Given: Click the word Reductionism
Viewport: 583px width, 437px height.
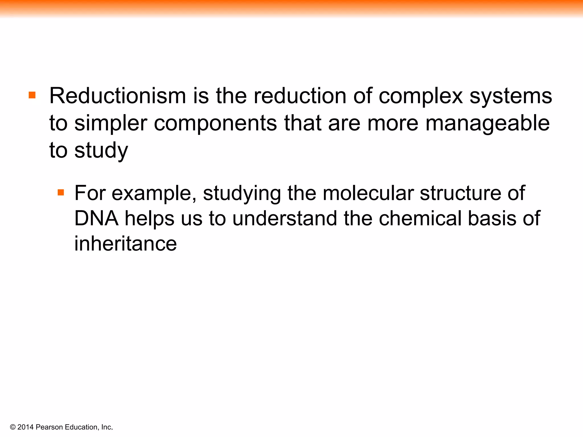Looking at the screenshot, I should point(118,96).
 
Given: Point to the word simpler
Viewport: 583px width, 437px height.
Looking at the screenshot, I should point(111,124).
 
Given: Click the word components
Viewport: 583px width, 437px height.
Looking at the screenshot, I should point(215,124).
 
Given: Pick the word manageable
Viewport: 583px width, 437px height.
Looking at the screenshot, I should point(487,124).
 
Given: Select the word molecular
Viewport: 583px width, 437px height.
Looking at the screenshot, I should point(368,193).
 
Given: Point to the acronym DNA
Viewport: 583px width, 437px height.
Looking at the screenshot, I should point(97,218).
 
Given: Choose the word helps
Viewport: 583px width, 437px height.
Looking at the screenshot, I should point(149,218).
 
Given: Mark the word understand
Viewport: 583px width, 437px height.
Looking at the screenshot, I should point(285,218).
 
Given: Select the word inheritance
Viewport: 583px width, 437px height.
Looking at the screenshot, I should point(126,244).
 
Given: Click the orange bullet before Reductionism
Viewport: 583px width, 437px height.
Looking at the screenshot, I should point(32,95).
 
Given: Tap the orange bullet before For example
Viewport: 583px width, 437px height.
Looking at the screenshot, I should point(61,193).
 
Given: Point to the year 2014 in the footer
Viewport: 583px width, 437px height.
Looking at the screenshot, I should point(25,427).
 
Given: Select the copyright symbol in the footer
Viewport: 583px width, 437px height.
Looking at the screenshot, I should point(13,427).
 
